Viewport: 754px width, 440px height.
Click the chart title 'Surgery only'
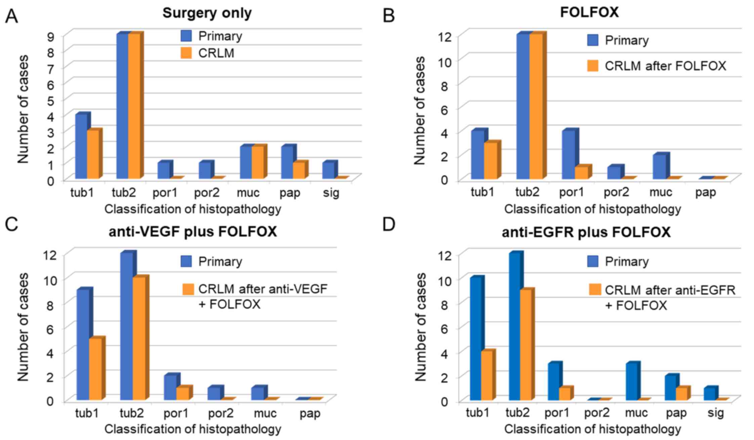(x=207, y=13)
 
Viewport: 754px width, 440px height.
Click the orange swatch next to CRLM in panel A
(x=186, y=53)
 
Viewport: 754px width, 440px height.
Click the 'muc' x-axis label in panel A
(x=248, y=193)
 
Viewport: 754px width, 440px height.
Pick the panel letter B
(x=389, y=16)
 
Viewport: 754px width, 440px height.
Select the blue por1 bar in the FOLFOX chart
(x=568, y=155)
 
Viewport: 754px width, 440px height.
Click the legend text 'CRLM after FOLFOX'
(x=665, y=66)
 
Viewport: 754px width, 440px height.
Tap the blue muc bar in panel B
(x=659, y=167)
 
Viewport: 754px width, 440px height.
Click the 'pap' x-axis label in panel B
(x=705, y=192)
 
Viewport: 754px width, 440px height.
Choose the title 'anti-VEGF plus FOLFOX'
(x=193, y=232)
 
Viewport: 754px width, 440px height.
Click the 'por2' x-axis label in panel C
(x=220, y=413)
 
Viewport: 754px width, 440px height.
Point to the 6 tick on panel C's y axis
(x=50, y=327)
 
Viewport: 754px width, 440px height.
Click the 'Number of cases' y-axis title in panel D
(x=420, y=327)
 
